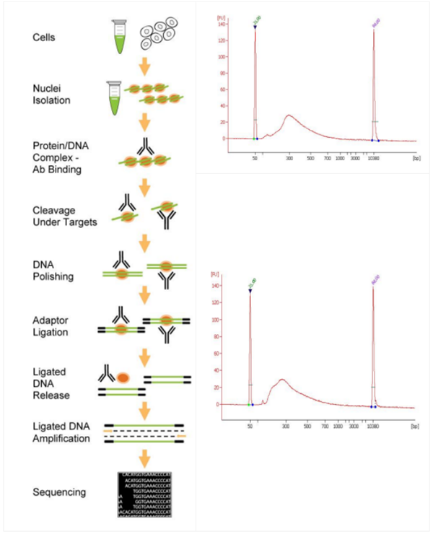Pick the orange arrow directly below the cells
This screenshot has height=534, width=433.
click(144, 67)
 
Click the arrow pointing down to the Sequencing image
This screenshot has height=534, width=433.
click(144, 459)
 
